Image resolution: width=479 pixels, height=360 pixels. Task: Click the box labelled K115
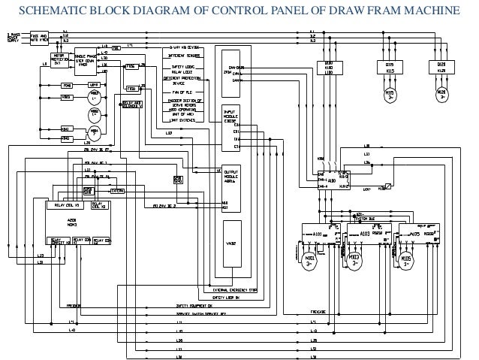pyautogui.click(x=390, y=68)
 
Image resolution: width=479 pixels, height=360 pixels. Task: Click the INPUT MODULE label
pyautogui.click(x=230, y=113)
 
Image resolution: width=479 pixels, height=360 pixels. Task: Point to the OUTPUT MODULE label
pyautogui.click(x=230, y=172)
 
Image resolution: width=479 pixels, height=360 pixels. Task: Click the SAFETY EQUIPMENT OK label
pyautogui.click(x=197, y=306)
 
